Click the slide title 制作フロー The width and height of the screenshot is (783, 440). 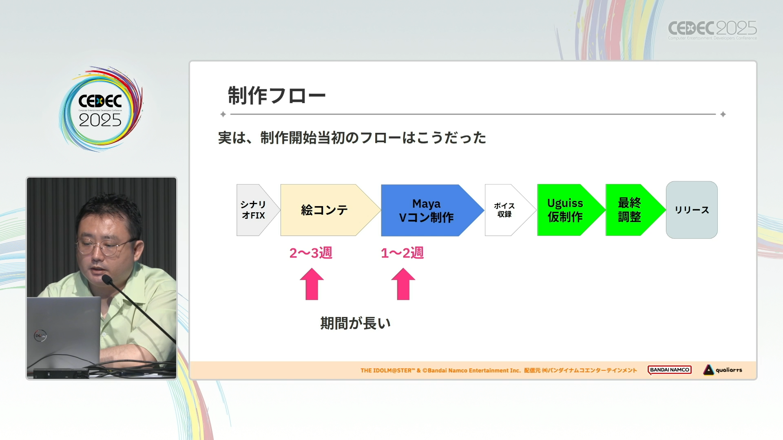276,96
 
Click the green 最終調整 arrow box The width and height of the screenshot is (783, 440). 635,210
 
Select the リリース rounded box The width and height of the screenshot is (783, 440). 692,210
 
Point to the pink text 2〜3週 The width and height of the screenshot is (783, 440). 311,253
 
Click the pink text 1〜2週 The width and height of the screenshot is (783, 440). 402,253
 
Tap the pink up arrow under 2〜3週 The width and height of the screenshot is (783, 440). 312,284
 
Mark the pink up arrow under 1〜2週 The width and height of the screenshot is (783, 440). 403,284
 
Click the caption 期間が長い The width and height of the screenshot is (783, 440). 356,323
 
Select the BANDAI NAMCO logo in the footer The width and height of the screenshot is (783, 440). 670,370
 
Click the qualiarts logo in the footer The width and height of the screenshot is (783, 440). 723,370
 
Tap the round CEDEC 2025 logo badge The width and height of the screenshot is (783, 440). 100,109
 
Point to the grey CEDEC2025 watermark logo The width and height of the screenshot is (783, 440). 712,30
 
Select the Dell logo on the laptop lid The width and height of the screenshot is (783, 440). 40,336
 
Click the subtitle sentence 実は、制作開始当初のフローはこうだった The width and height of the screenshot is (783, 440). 352,138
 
